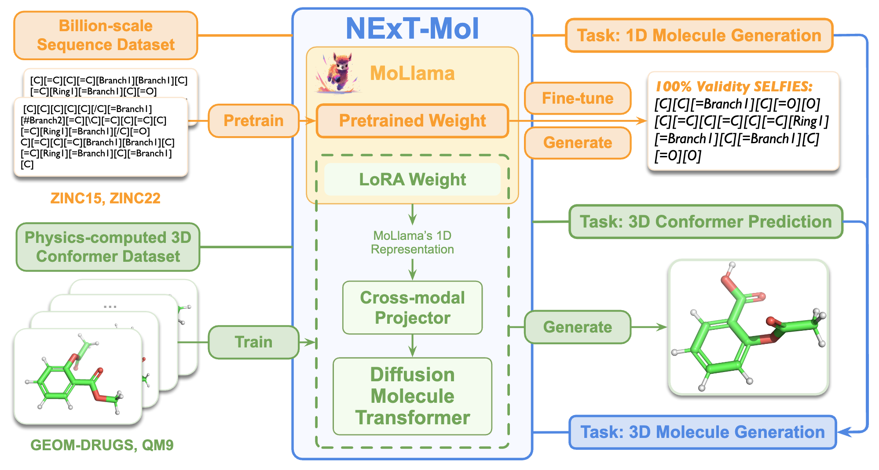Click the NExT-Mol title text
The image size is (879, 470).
click(412, 29)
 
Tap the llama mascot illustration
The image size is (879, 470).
click(338, 73)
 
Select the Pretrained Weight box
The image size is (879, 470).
click(412, 121)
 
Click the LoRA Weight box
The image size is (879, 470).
click(412, 180)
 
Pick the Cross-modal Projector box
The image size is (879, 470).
click(412, 307)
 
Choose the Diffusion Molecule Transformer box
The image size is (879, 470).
click(412, 396)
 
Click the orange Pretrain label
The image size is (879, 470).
click(253, 121)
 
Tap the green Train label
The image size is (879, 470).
click(253, 342)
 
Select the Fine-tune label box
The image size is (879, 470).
click(577, 98)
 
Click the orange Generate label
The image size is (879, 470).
click(577, 143)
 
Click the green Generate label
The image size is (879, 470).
click(577, 327)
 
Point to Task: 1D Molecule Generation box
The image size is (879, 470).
click(699, 36)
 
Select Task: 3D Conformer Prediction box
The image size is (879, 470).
click(705, 222)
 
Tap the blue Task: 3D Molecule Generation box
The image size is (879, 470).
click(702, 432)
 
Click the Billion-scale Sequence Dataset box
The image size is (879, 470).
click(106, 36)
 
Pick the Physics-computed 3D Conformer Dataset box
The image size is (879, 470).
click(108, 247)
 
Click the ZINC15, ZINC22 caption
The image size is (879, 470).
click(105, 199)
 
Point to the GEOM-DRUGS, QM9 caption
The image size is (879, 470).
click(102, 445)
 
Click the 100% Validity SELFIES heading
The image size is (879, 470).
click(733, 87)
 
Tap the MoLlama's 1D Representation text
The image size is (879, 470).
click(412, 242)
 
